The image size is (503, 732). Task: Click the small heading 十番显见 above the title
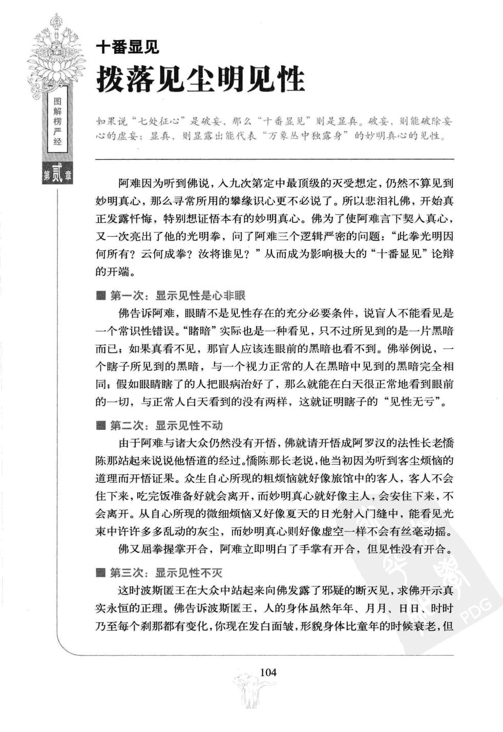pos(128,48)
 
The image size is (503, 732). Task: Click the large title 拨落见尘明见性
pos(200,80)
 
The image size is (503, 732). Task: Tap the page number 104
pos(268,672)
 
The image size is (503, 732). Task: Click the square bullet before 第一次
pos(100,296)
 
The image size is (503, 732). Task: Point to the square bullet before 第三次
pos(100,573)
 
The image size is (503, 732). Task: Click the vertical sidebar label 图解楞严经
pos(57,122)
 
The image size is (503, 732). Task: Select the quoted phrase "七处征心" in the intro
pos(158,121)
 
